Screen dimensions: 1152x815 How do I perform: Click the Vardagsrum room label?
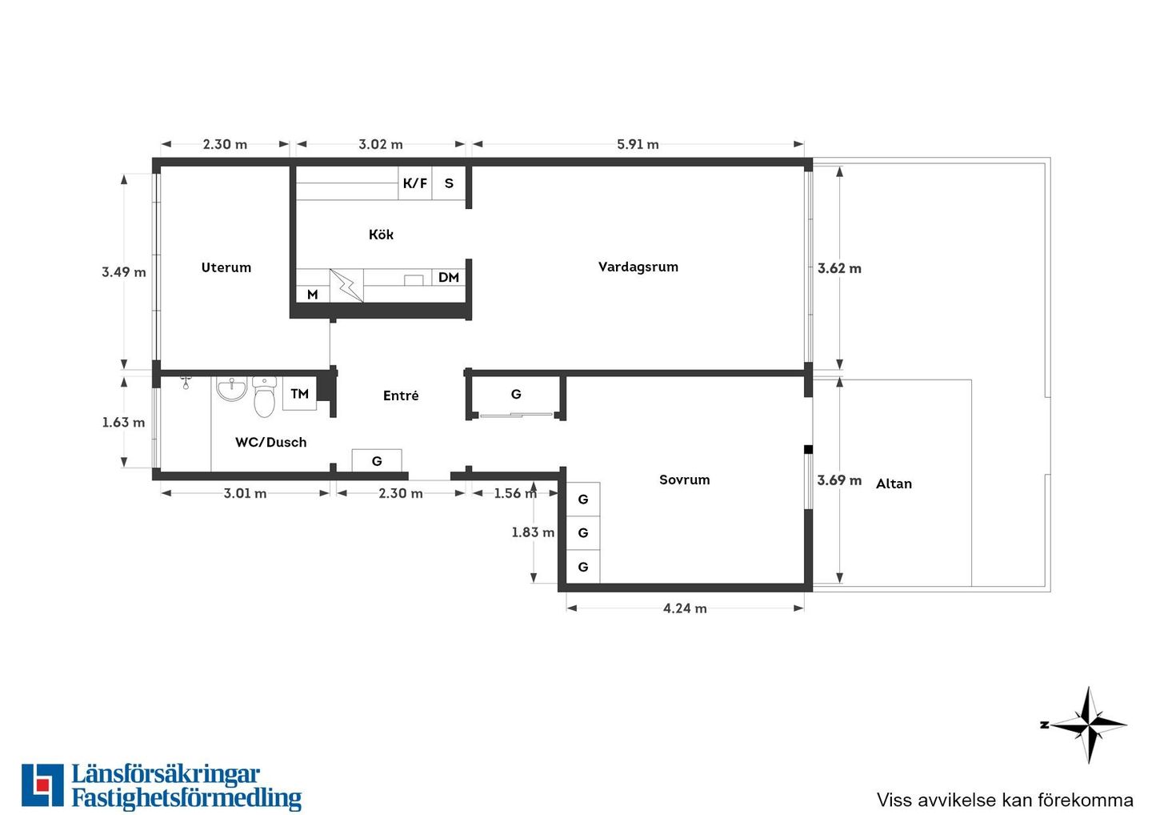coord(638,267)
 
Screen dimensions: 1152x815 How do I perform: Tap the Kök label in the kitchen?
coord(381,235)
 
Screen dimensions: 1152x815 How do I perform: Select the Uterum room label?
coord(226,267)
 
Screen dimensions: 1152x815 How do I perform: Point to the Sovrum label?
coord(685,480)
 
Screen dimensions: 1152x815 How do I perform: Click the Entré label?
coord(401,395)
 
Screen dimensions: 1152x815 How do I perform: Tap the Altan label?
coord(894,484)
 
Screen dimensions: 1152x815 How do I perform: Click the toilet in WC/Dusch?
coord(264,397)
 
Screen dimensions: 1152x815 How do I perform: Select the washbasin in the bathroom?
coord(232,388)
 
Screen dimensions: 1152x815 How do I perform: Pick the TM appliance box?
coord(299,394)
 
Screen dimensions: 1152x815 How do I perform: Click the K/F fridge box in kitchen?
coord(415,183)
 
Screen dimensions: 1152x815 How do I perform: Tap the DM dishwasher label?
coord(449,278)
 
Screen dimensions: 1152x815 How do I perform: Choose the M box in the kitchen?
coord(313,295)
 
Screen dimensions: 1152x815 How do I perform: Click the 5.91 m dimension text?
coord(638,145)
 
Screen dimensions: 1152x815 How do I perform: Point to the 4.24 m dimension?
coord(685,608)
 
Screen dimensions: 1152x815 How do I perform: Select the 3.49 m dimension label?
coord(123,272)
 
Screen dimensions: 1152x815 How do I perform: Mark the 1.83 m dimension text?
coord(533,532)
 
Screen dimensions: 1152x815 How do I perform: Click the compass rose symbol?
coord(1088,725)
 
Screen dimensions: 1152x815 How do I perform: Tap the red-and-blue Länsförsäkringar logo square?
coord(42,785)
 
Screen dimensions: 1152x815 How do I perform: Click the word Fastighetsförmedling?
coord(186,798)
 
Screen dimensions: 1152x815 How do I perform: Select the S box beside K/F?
coord(449,183)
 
